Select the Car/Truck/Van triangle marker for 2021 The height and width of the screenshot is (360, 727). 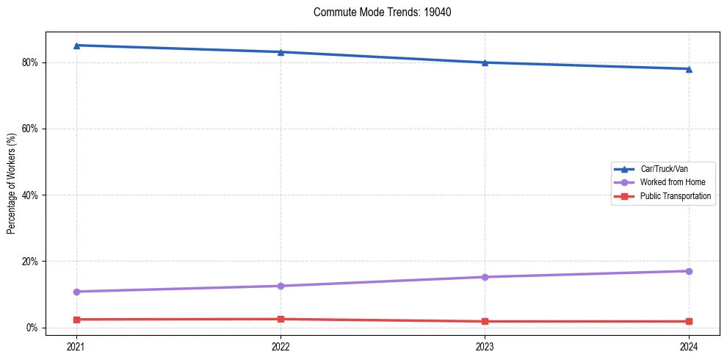[76, 46]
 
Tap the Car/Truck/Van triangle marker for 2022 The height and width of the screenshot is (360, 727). [281, 52]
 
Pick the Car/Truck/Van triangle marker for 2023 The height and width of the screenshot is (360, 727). [485, 62]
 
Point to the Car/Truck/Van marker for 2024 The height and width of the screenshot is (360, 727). [689, 69]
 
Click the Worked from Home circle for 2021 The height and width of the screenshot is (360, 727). [76, 292]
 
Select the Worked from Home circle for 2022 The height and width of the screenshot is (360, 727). [281, 286]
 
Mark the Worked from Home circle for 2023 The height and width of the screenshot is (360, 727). [485, 277]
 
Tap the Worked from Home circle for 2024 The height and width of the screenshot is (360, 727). [689, 271]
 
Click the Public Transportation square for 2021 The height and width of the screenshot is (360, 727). [76, 320]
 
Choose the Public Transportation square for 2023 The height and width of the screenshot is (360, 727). [485, 321]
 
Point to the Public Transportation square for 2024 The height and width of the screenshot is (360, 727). [689, 321]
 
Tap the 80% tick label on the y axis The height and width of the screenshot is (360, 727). [30, 62]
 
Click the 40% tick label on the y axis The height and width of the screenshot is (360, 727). [30, 195]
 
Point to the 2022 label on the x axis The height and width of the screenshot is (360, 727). [281, 345]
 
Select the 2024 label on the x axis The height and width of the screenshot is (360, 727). [689, 345]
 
